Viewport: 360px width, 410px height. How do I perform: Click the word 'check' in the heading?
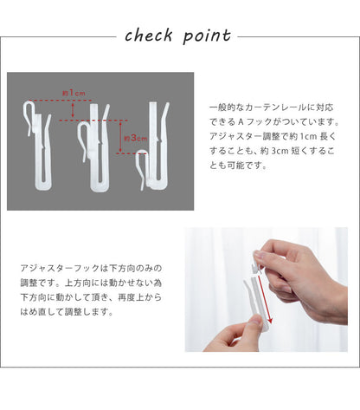point(149,36)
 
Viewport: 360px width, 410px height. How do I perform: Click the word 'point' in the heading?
point(207,36)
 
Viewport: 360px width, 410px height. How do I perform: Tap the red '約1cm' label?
point(74,93)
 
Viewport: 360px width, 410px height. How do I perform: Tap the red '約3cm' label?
point(136,138)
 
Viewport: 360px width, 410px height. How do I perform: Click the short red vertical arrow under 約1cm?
point(73,110)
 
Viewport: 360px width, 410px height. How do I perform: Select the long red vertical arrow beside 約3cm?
point(121,137)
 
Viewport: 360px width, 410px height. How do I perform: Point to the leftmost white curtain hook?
point(37,146)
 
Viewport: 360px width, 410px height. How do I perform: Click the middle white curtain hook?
point(93,148)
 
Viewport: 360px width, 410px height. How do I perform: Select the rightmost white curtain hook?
point(153,146)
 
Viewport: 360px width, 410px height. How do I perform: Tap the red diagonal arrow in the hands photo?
point(265,299)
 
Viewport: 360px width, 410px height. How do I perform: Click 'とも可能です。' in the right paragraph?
point(238,166)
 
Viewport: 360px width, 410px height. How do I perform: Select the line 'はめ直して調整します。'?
point(67,312)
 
